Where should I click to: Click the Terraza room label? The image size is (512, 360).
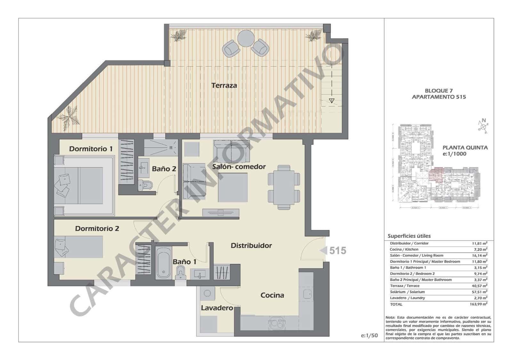pos(224,85)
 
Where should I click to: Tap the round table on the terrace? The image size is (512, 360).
pos(245,38)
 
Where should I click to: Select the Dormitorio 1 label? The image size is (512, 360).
pos(91,149)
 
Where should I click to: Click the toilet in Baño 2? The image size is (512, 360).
pos(146,185)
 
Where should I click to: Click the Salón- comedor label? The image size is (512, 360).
pos(239,167)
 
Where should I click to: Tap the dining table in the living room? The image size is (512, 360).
pos(284,187)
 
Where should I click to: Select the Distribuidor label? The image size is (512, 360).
pos(251,246)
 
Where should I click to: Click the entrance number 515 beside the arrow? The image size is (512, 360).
pos(338,250)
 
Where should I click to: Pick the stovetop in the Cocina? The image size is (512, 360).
pos(277,323)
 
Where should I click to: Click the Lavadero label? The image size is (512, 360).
pos(217,308)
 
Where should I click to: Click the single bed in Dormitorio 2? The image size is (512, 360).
pos(79,247)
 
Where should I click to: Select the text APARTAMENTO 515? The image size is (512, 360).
pos(439,97)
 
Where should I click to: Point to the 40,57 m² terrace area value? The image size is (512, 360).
pos(478,286)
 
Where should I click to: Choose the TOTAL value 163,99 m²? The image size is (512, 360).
pos(478,304)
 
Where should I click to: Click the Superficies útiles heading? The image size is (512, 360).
pos(409,236)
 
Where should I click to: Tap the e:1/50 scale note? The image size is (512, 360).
pos(369,335)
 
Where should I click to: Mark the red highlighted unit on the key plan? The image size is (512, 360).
pos(436,175)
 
